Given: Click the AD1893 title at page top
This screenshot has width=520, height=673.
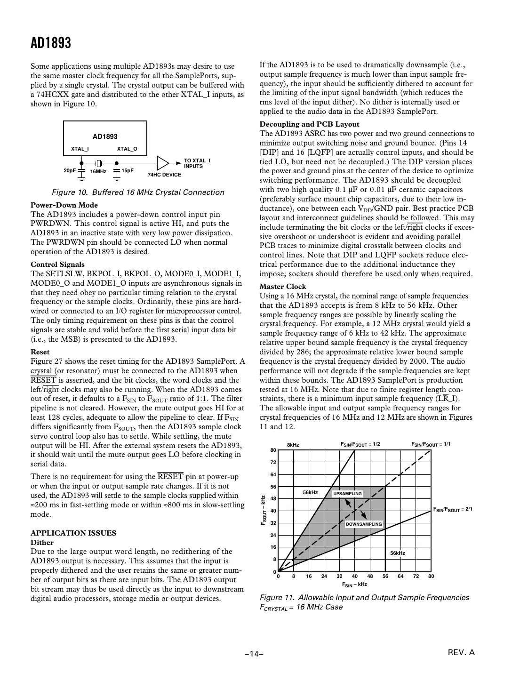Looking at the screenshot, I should pos(51,43).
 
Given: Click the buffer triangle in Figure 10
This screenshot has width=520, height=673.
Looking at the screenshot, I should pos(162,163).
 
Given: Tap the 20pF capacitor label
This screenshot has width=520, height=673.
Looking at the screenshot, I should pos(70,171).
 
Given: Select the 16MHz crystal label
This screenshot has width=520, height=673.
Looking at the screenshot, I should pos(98,172).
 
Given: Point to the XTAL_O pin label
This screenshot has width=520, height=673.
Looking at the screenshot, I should pos(127,149).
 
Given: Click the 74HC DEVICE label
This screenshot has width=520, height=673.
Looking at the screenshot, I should pos(164,175).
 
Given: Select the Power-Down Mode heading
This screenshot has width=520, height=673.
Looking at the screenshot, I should pos(64,205).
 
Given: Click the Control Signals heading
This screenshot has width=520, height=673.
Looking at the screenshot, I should pos(57,264).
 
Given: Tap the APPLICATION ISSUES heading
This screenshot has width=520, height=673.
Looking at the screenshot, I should pos(73,533).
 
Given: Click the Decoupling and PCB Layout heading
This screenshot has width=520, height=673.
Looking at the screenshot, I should pos(309,124).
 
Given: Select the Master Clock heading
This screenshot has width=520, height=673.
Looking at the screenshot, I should pos(282,287).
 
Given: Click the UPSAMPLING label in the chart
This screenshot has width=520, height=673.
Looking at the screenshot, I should pos(347,494).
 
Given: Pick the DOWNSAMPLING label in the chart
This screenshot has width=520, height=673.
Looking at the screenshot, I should pos(364,524).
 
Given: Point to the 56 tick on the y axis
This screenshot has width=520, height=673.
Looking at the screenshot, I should pos(273,487).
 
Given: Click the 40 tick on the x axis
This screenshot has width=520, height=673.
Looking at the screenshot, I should pos(354,576).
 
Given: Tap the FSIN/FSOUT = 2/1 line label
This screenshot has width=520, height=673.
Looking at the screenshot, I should pos(452,509).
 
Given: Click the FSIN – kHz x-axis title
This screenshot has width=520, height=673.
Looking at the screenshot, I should pos(354,585).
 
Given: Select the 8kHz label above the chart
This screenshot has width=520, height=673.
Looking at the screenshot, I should pos(293,445).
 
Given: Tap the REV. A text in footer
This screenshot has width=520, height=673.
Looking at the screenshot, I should pos(461,652).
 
